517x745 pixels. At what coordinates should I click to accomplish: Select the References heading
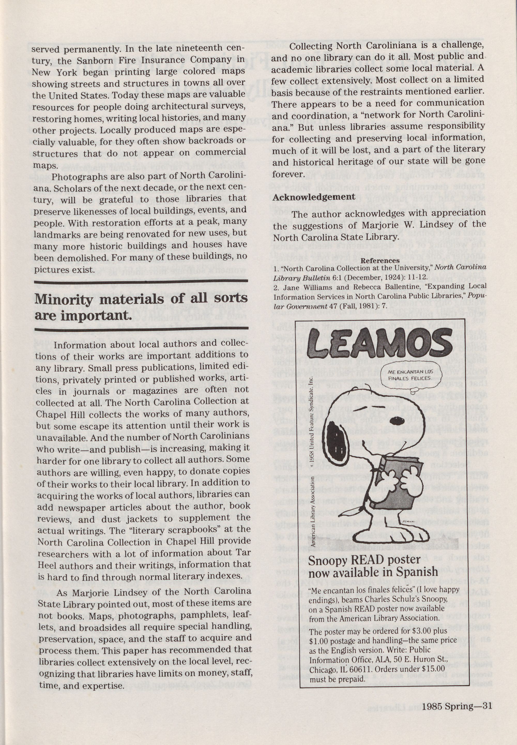(380, 261)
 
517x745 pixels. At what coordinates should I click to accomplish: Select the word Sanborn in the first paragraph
(96, 60)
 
